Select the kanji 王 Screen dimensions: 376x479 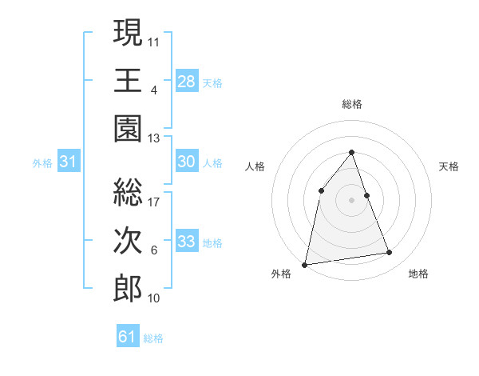pos(128,80)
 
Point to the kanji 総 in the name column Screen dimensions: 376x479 pos(128,192)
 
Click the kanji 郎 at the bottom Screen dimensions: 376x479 pos(128,290)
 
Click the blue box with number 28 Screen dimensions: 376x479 pos(187,81)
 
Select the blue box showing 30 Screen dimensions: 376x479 pos(187,162)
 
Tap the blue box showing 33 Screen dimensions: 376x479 pos(187,242)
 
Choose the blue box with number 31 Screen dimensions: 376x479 pos(69,162)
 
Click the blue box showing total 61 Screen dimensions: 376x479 pos(128,337)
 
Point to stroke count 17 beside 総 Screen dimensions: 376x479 pos(155,201)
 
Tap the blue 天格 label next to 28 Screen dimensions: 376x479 pos(212,82)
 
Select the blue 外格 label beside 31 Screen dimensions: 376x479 pos(42,163)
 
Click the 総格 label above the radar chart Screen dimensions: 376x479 pos(352,104)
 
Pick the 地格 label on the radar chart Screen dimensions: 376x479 pos(419,274)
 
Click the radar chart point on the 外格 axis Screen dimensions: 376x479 pos(305,264)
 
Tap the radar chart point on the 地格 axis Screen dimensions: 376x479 pos(390,253)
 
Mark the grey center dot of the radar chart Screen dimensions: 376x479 pos(352,200)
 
